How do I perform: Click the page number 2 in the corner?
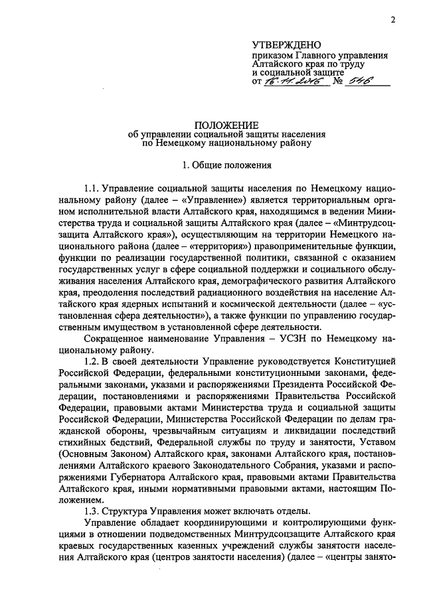coord(392,19)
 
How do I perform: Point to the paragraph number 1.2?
coord(93,360)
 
